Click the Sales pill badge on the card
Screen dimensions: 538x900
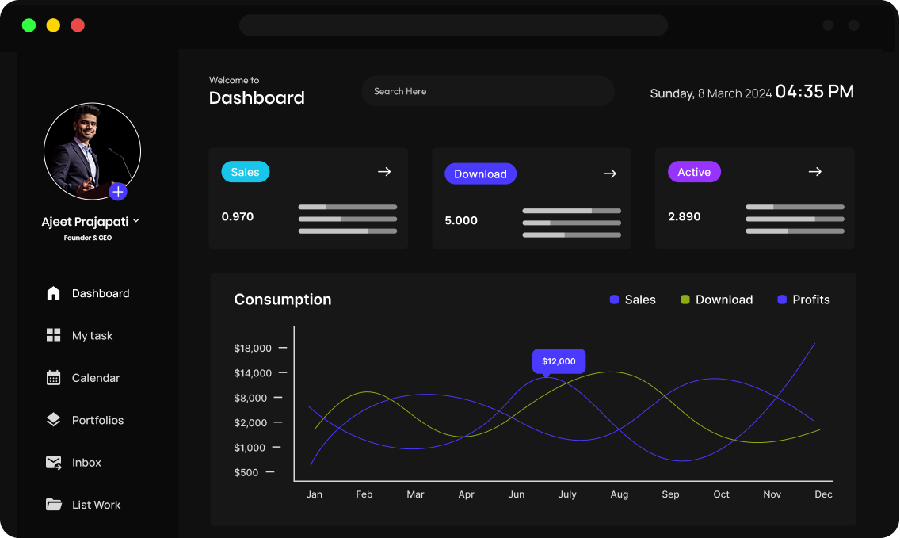[245, 172]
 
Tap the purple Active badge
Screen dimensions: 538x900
[694, 172]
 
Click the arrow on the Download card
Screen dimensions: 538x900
[609, 174]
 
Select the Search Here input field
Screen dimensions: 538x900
[487, 91]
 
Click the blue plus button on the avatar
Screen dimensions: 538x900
[118, 191]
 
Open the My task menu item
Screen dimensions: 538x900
[92, 336]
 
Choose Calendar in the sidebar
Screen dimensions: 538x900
[95, 378]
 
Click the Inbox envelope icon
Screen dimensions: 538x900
[54, 463]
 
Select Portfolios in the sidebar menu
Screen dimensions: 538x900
[97, 420]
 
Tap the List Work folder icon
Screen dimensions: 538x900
[54, 505]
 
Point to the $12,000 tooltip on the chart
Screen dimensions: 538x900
[559, 361]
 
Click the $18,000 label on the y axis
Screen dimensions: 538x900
[253, 348]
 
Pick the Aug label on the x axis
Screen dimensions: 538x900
[620, 494]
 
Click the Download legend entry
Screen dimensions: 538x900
[716, 300]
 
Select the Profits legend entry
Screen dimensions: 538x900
[803, 300]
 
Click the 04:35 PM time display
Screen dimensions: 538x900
[814, 92]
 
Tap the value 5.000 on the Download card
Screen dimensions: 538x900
[461, 220]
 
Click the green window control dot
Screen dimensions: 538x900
[29, 25]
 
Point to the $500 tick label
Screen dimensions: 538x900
[246, 472]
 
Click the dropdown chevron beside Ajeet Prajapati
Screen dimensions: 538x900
[136, 221]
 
